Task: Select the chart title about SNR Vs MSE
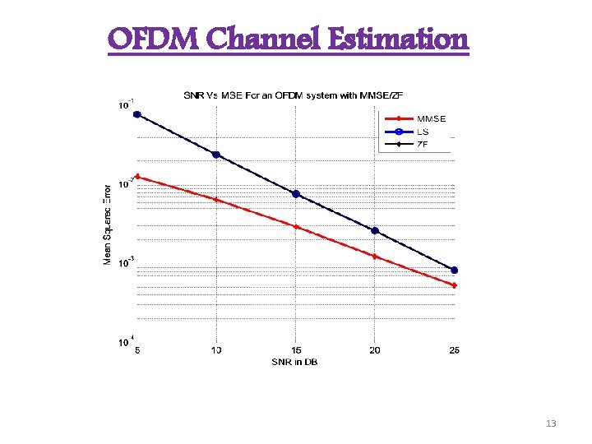point(303,95)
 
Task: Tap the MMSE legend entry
point(431,118)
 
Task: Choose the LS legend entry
point(422,131)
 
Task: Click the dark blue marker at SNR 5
point(137,114)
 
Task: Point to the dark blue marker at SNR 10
point(216,155)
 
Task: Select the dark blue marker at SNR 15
point(296,194)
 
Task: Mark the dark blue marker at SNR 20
point(375,230)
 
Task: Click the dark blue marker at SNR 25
point(454,270)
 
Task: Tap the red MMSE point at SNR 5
point(137,176)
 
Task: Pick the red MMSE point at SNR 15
point(296,226)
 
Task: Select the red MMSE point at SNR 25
point(454,285)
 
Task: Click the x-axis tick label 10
point(216,351)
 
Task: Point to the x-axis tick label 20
point(375,351)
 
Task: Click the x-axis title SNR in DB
point(294,362)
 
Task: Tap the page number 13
point(551,423)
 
